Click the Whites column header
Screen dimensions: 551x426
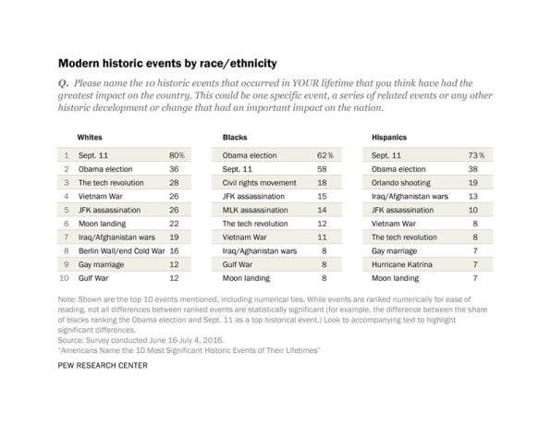[x=90, y=138]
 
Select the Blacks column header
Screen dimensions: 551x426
[x=235, y=138]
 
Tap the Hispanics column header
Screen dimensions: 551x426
[x=389, y=138]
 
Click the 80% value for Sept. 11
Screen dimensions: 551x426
[x=177, y=155]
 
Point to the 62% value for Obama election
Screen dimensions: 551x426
[x=325, y=155]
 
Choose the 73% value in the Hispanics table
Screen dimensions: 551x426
[x=476, y=155]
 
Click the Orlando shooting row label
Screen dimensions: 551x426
[x=401, y=183]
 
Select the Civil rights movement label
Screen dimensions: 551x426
[x=260, y=183]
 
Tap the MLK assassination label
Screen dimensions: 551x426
[x=255, y=210]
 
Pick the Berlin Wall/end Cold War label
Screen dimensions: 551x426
[x=122, y=250]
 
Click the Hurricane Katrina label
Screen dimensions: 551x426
[x=402, y=264]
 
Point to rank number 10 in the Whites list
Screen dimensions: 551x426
[x=65, y=278]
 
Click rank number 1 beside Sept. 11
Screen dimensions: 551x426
[x=67, y=155]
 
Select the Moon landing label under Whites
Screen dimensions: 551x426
[x=102, y=224]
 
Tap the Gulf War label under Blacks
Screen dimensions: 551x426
[x=238, y=264]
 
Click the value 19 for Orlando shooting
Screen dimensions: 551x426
[x=473, y=183]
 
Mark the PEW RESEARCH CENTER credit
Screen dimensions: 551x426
[x=103, y=366]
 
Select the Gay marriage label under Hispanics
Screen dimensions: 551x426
[x=394, y=250]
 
